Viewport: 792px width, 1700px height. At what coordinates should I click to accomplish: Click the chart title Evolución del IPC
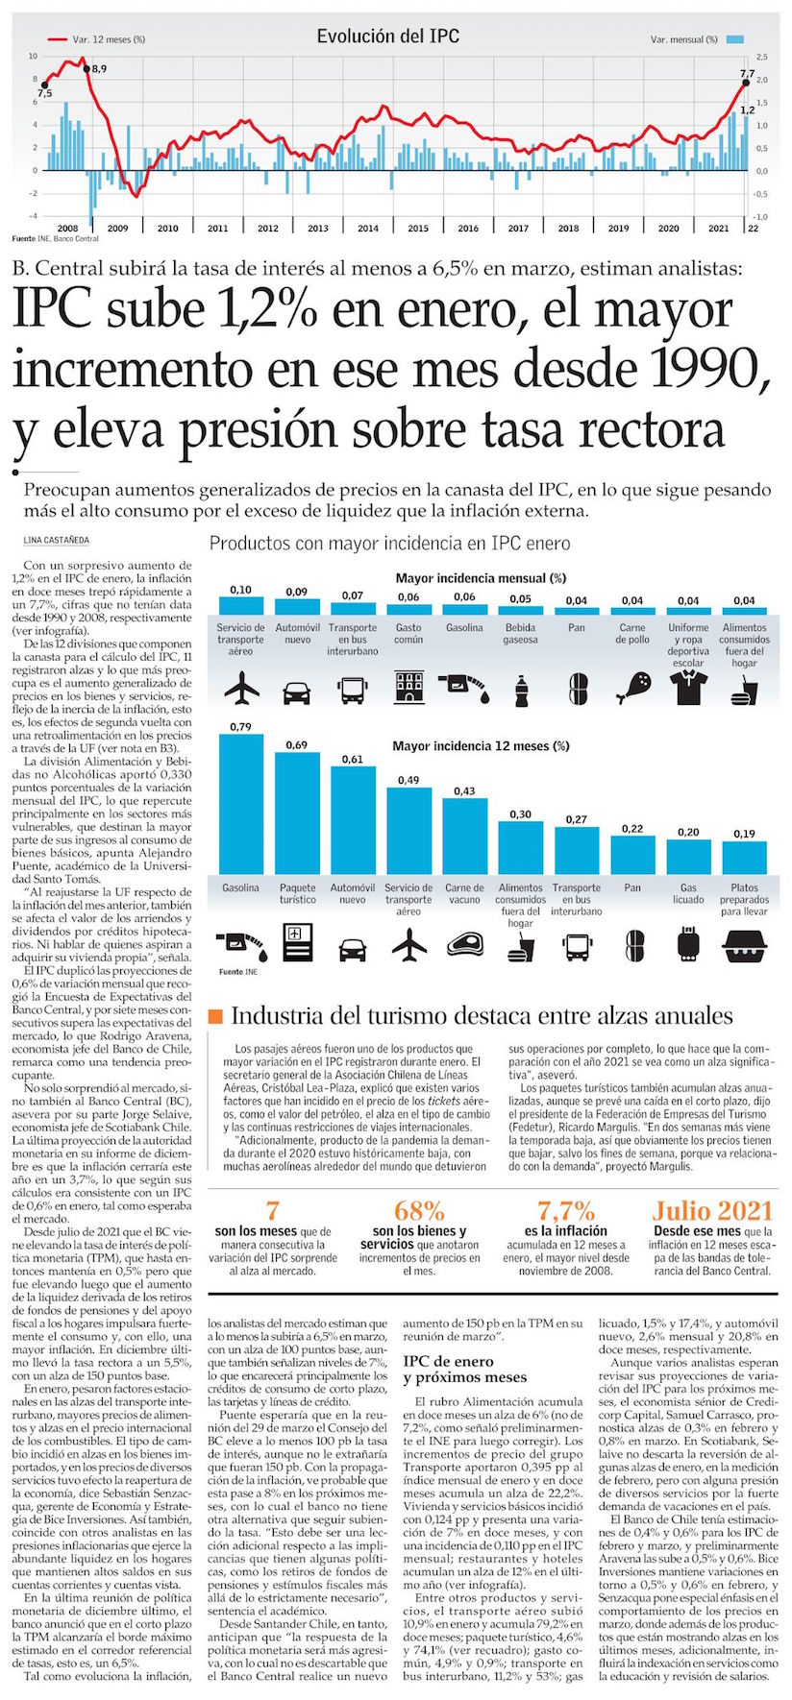pyautogui.click(x=388, y=36)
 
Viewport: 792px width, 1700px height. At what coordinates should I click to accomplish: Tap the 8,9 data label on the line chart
pyautogui.click(x=99, y=69)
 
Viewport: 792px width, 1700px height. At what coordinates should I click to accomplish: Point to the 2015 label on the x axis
pyautogui.click(x=418, y=228)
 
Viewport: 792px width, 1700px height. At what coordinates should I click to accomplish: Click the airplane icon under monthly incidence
pyautogui.click(x=241, y=688)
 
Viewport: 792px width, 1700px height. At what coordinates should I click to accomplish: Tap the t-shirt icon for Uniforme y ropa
pyautogui.click(x=688, y=688)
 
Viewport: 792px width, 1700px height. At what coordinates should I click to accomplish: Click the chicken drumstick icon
pyautogui.click(x=632, y=688)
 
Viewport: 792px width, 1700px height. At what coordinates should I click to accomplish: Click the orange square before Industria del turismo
pyautogui.click(x=216, y=1016)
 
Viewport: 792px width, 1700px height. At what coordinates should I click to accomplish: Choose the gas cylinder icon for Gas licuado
pyautogui.click(x=688, y=945)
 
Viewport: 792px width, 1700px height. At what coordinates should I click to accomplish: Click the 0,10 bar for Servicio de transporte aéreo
pyautogui.click(x=241, y=605)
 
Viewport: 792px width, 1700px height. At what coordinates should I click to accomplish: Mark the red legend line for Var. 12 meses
pyautogui.click(x=57, y=39)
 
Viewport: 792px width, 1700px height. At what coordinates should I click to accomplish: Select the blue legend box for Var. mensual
pyautogui.click(x=735, y=39)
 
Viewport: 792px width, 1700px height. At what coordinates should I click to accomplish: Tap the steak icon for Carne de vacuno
pyautogui.click(x=464, y=945)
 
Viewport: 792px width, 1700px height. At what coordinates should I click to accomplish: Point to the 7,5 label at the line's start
pyautogui.click(x=44, y=93)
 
